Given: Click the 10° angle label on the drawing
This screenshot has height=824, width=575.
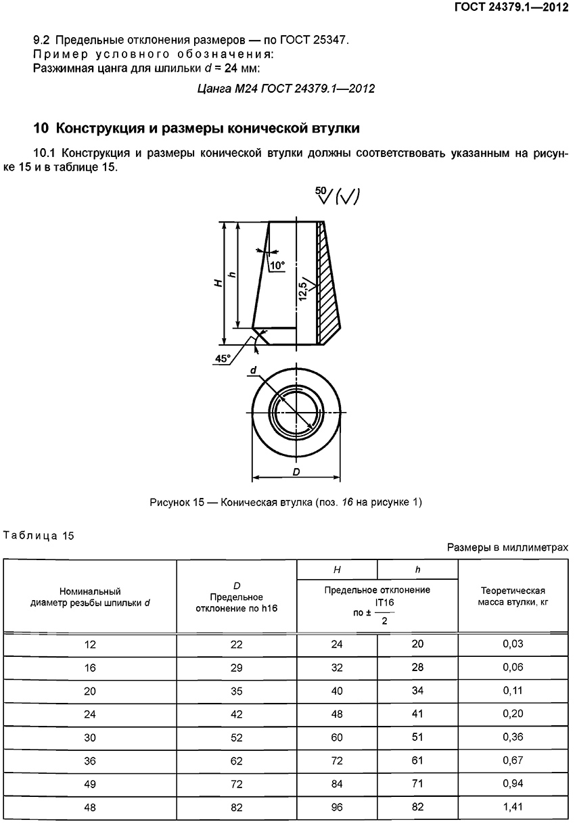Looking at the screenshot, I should point(277,266).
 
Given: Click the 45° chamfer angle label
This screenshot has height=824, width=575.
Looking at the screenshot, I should point(223,359).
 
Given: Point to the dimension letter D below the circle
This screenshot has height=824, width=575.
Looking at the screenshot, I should point(296,472).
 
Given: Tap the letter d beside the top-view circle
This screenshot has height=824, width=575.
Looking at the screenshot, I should point(252,370).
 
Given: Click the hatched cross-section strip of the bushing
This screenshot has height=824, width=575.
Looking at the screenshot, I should point(327,284).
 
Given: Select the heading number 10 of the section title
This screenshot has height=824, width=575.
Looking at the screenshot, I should point(41,128).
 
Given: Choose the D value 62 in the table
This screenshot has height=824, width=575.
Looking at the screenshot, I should point(236,760).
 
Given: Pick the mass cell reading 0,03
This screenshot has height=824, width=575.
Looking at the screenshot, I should point(513,644).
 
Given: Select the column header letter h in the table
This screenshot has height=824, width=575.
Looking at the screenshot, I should point(417,570).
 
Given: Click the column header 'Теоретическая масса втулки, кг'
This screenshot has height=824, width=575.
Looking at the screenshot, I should point(513,596).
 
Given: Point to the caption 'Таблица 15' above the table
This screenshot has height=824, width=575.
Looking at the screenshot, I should point(39,536).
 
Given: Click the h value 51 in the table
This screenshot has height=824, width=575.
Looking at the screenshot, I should point(417,737).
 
